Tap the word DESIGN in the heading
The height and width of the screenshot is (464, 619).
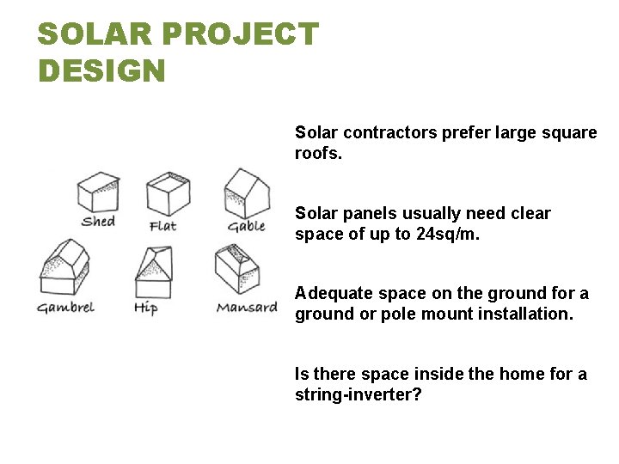point(101,70)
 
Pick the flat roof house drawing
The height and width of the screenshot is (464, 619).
point(168,193)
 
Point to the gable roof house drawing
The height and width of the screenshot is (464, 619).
point(247,192)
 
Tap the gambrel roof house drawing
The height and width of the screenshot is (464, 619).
point(64,269)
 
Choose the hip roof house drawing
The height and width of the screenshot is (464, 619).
point(153,271)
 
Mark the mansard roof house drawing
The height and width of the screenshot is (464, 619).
point(237,271)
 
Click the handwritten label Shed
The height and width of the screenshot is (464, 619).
point(98,222)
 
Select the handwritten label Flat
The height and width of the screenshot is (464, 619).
point(163,226)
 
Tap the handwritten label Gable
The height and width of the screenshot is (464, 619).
point(246,226)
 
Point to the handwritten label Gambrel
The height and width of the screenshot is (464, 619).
point(65,307)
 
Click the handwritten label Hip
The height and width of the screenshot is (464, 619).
point(145,308)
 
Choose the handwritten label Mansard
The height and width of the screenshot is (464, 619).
point(247,307)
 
